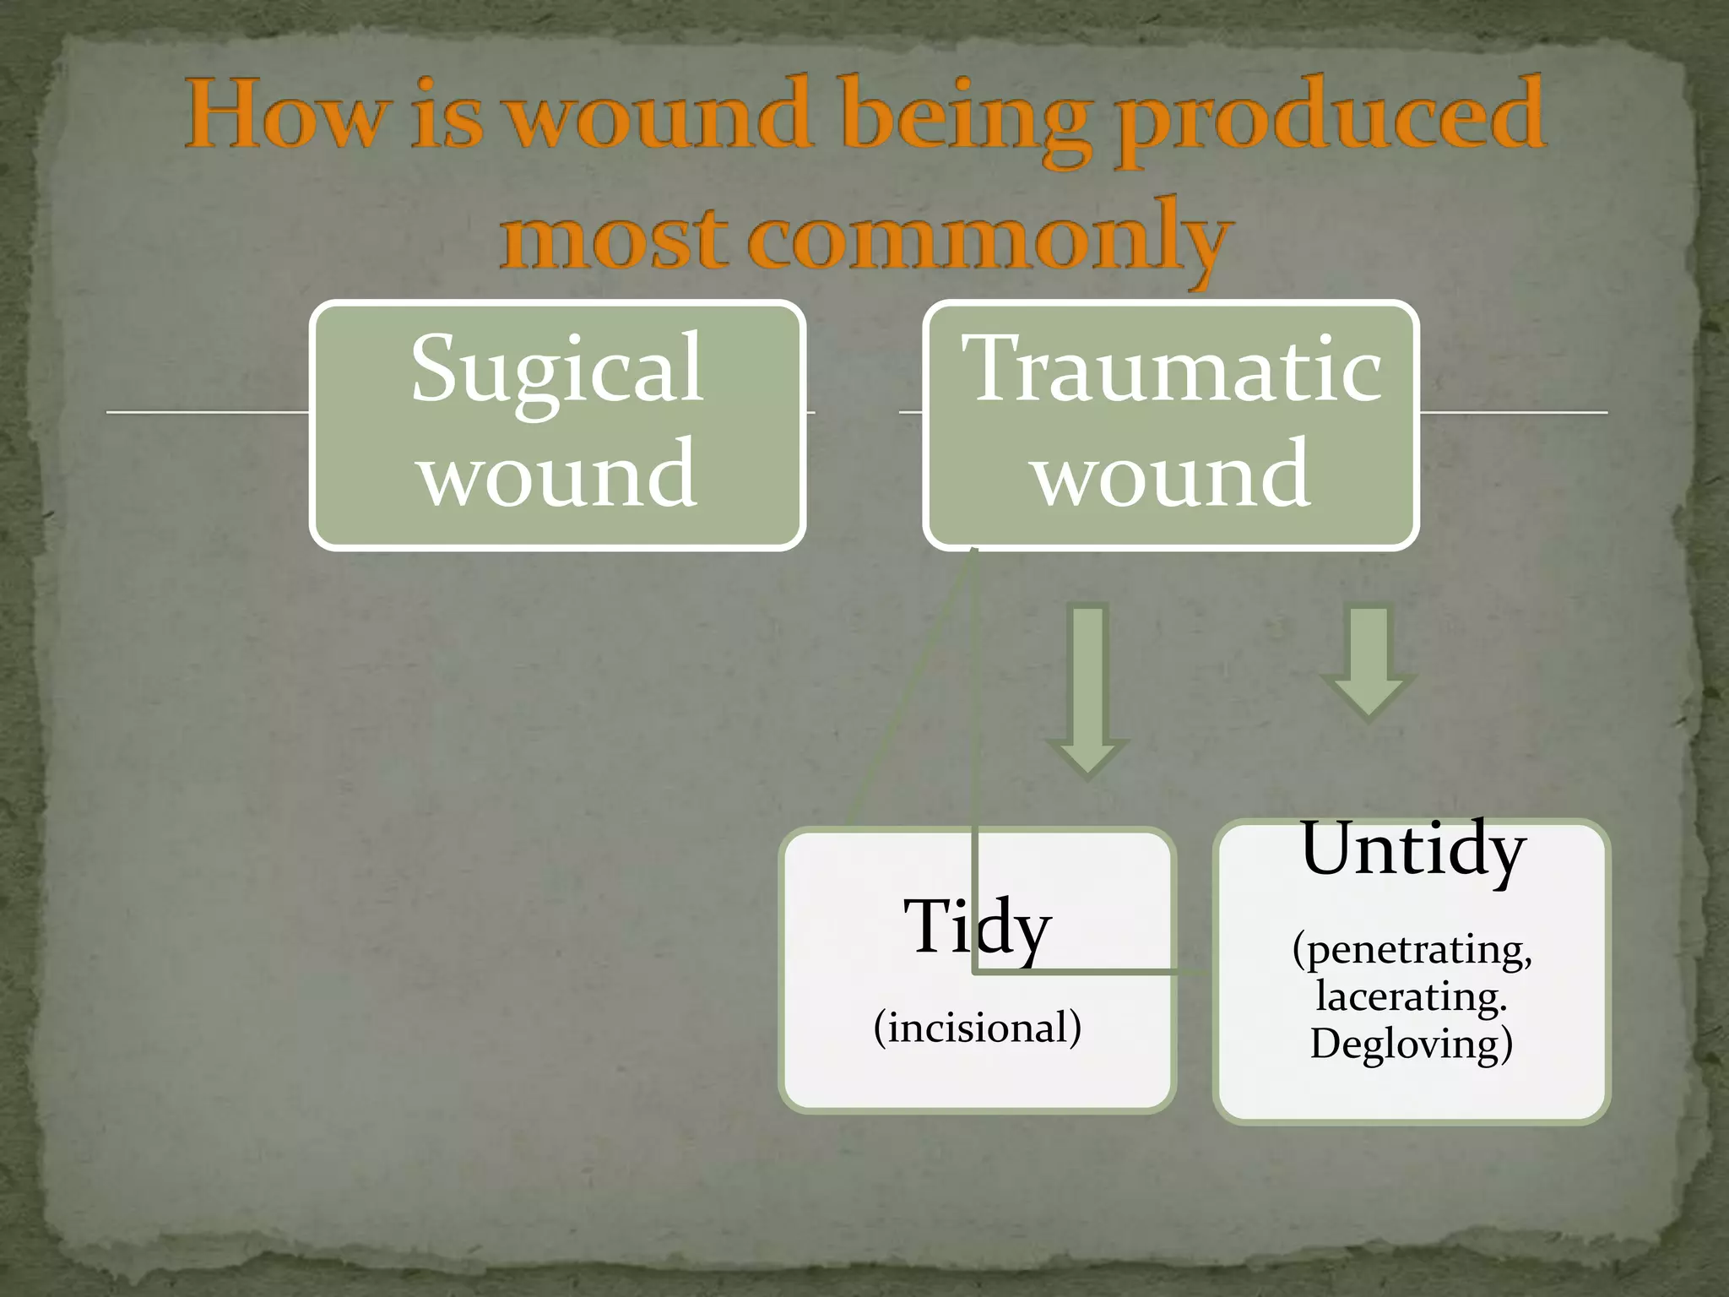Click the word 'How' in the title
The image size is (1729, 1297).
[283, 115]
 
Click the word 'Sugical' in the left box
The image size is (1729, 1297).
[557, 369]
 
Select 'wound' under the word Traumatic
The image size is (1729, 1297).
[1173, 474]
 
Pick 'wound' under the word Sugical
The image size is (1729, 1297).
[558, 474]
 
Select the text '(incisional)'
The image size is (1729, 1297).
[978, 1028]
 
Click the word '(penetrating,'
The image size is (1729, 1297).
[1412, 950]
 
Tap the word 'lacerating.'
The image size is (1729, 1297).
[1412, 997]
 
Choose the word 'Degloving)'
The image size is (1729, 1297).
[1412, 1044]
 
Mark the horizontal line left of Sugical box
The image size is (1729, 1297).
[207, 412]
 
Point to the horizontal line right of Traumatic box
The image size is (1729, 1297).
[1513, 412]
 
